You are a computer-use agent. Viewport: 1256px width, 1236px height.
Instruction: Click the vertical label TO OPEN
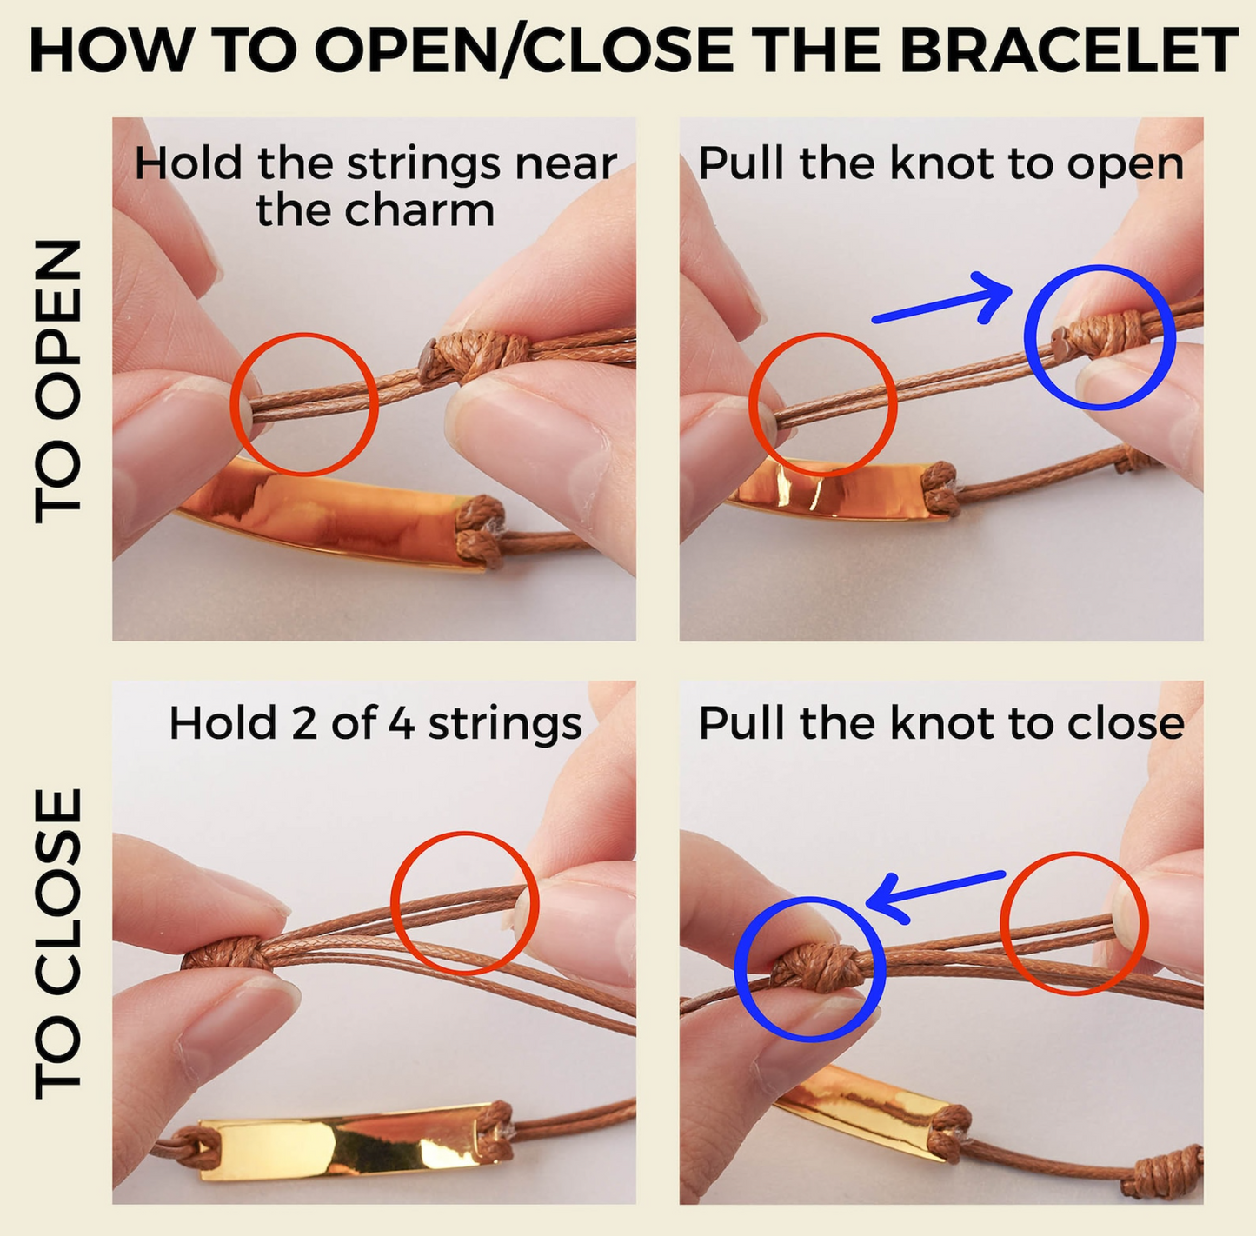[x=58, y=382]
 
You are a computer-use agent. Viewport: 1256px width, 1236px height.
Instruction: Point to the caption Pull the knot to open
[x=941, y=163]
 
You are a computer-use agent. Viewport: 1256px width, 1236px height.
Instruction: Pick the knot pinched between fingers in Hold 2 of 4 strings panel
[x=225, y=952]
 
